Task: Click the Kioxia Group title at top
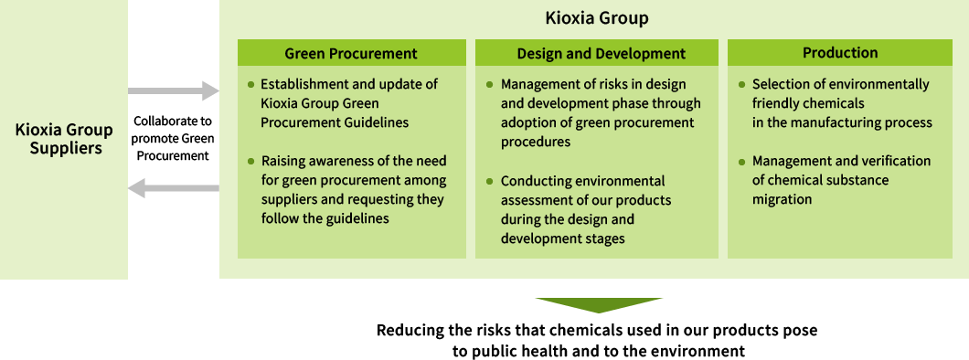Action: click(596, 18)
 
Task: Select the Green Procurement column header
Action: click(351, 53)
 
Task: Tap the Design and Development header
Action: click(601, 53)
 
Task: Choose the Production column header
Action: click(840, 53)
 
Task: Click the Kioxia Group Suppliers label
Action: click(64, 138)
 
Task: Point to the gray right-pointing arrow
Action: click(174, 90)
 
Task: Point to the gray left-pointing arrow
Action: click(174, 188)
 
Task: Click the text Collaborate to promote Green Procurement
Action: click(173, 138)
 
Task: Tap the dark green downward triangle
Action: click(599, 305)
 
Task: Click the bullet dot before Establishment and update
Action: click(251, 84)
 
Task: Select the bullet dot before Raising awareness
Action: click(251, 161)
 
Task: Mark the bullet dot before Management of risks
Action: click(491, 84)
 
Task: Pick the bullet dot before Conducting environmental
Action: click(491, 181)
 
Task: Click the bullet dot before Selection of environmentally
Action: click(742, 84)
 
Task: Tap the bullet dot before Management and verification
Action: click(742, 161)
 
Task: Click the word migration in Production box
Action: click(782, 199)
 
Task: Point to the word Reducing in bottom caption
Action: click(409, 330)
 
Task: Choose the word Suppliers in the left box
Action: click(64, 148)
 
